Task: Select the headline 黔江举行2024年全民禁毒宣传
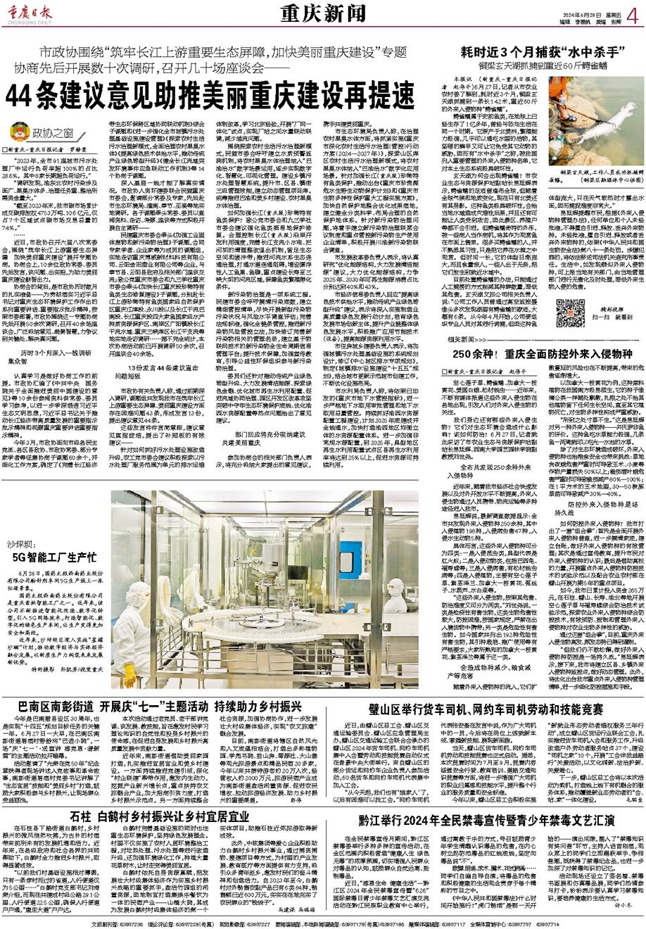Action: tap(478, 820)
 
